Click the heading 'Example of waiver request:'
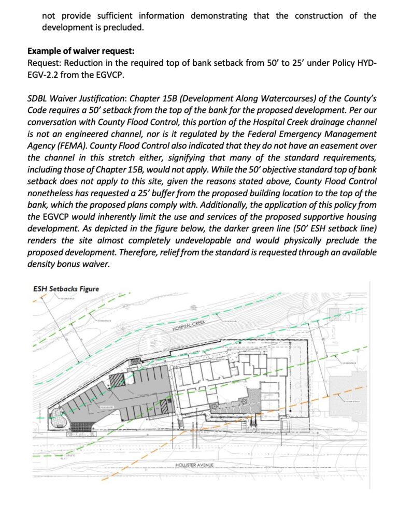80,51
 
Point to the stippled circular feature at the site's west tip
55,416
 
